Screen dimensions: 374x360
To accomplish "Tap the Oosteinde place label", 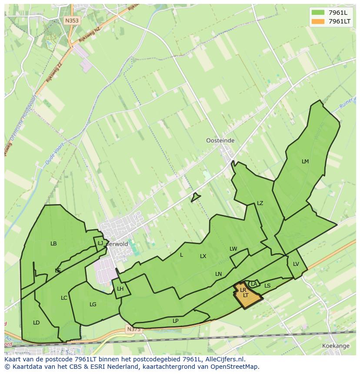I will click(220, 141).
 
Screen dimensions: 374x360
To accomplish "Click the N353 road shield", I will click(72, 20).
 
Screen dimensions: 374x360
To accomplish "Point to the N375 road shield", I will click(134, 330).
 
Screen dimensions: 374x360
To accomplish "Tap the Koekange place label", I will click(336, 346).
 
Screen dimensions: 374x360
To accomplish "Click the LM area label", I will click(305, 162).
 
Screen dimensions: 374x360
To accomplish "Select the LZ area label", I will click(260, 203).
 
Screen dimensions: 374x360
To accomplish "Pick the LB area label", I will click(53, 244).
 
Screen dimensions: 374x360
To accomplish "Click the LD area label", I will click(37, 323).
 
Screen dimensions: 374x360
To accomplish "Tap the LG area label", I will click(93, 304).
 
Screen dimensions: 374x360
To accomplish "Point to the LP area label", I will click(176, 321).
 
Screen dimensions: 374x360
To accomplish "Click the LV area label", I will click(296, 264).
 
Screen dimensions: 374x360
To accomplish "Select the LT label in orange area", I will click(246, 295).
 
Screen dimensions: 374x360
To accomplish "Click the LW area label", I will click(233, 249).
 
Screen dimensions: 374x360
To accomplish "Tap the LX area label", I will click(203, 256).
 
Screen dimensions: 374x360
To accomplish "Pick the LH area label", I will click(120, 289).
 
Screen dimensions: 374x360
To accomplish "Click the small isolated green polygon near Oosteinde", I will click(195, 198).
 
